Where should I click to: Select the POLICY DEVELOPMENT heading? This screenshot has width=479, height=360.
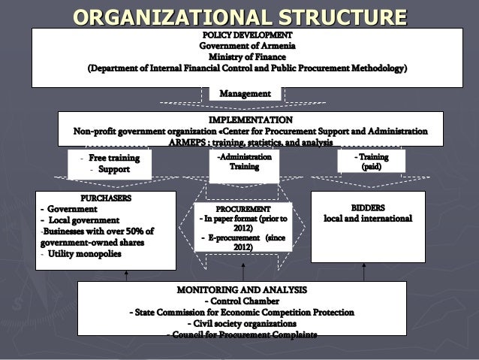pyautogui.click(x=247, y=35)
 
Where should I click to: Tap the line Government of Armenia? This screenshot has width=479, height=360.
pyautogui.click(x=247, y=46)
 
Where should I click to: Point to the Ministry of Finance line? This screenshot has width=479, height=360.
pyautogui.click(x=247, y=57)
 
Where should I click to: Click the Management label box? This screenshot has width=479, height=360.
pyautogui.click(x=245, y=93)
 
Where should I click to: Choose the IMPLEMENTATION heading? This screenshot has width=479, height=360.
pyautogui.click(x=251, y=119)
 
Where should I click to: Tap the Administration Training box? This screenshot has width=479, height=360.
pyautogui.click(x=244, y=162)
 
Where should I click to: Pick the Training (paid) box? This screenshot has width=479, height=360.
pyautogui.click(x=371, y=162)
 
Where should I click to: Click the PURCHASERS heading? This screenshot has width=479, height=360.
pyautogui.click(x=106, y=198)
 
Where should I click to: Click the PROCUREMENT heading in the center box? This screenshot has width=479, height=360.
pyautogui.click(x=243, y=208)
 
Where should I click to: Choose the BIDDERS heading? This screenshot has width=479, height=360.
pyautogui.click(x=368, y=207)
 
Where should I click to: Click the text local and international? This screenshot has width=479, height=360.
pyautogui.click(x=368, y=219)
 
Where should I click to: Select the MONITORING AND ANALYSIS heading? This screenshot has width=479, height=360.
pyautogui.click(x=242, y=289)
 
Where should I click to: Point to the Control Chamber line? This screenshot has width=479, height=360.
pyautogui.click(x=242, y=301)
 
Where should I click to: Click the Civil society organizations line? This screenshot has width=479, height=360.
pyautogui.click(x=242, y=324)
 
